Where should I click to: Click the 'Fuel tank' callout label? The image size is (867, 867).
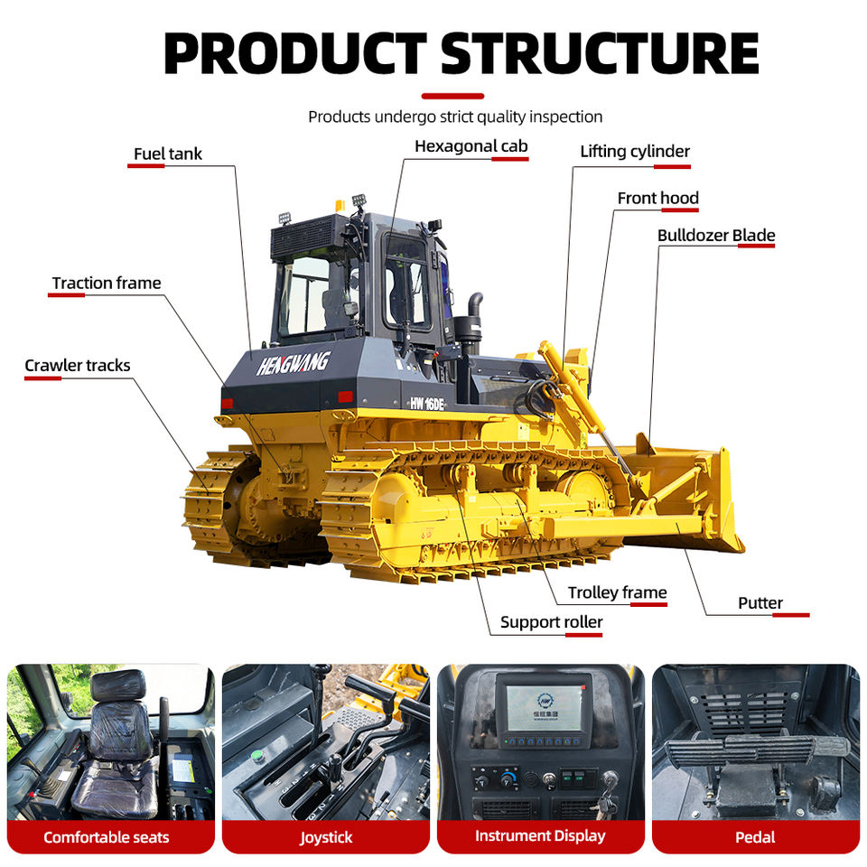168,154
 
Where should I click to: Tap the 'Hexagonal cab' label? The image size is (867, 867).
471,146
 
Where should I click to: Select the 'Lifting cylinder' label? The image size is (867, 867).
635,152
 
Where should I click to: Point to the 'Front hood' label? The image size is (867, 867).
657,198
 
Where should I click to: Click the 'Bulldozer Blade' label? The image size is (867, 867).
716,236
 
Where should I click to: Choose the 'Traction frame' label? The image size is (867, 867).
107,284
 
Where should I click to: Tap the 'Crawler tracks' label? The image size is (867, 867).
78,366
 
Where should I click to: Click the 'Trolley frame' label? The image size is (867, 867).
617,592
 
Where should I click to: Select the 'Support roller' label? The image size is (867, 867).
551,622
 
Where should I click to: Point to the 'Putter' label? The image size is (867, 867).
760,603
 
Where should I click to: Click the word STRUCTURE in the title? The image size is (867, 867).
601,54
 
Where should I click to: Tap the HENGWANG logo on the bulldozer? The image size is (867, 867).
294,363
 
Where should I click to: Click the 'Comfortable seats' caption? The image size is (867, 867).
107,837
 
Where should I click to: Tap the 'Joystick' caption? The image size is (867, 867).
326,837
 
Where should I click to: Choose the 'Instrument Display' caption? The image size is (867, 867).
540,836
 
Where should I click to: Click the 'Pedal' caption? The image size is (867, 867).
755,837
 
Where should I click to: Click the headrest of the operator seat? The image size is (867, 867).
117,686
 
